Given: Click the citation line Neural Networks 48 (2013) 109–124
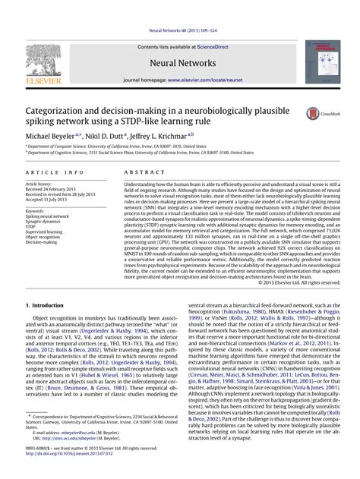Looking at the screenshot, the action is pos(180,7).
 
